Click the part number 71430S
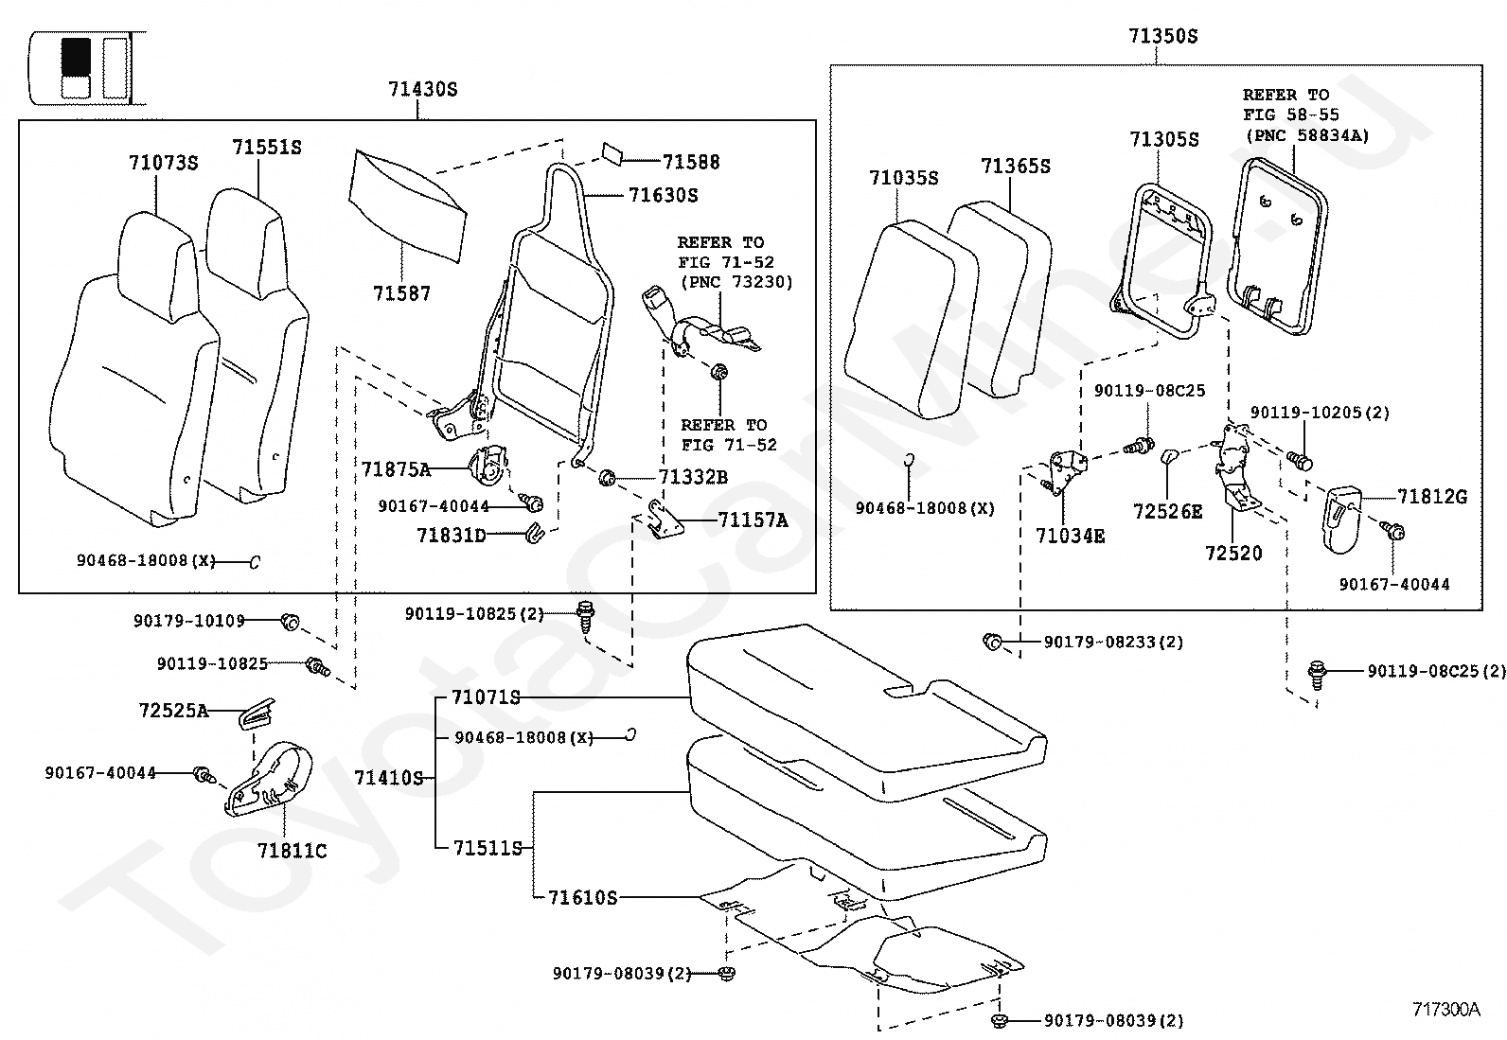tap(422, 89)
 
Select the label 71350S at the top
tap(1162, 36)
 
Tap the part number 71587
tap(401, 293)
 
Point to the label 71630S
tap(663, 195)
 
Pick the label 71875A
tap(396, 468)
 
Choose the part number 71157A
tap(753, 520)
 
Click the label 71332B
tap(693, 477)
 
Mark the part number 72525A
tap(173, 710)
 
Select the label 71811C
tap(292, 851)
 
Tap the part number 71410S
tap(388, 778)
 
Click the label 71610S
tap(582, 896)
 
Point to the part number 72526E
tap(1167, 511)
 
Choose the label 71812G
tap(1432, 496)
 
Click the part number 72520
tap(1233, 553)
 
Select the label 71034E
tap(1070, 536)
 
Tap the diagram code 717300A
tap(1445, 1009)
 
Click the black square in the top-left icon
tap(76, 57)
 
